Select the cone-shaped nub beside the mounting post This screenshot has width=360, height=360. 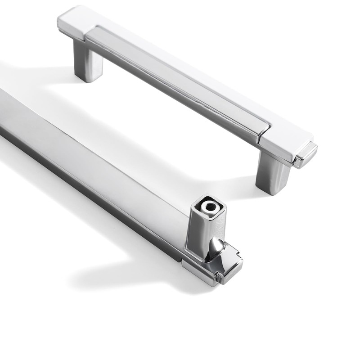pyautogui.click(x=218, y=247)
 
